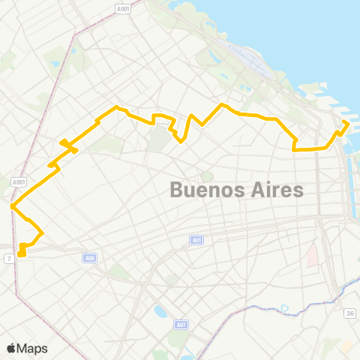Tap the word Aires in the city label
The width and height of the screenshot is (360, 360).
click(x=273, y=189)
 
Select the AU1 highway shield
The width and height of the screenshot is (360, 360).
click(x=196, y=240)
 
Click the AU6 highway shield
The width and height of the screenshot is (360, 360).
click(x=90, y=257)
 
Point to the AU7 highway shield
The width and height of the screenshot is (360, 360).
click(x=181, y=325)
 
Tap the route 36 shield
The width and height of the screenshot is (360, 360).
click(x=349, y=313)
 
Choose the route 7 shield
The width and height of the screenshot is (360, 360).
click(x=8, y=258)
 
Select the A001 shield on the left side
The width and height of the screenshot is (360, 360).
click(x=19, y=181)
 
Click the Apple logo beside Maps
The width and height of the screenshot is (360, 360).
click(x=12, y=348)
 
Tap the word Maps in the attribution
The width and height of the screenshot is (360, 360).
click(x=33, y=348)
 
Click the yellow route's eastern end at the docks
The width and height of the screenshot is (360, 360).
click(x=346, y=122)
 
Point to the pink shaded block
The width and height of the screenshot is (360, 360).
click(x=312, y=256)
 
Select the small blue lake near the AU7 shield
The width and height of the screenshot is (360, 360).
click(x=160, y=310)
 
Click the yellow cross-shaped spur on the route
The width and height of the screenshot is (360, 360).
click(x=67, y=144)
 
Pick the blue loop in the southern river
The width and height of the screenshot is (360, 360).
click(x=285, y=308)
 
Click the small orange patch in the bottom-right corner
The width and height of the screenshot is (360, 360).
click(x=346, y=347)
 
